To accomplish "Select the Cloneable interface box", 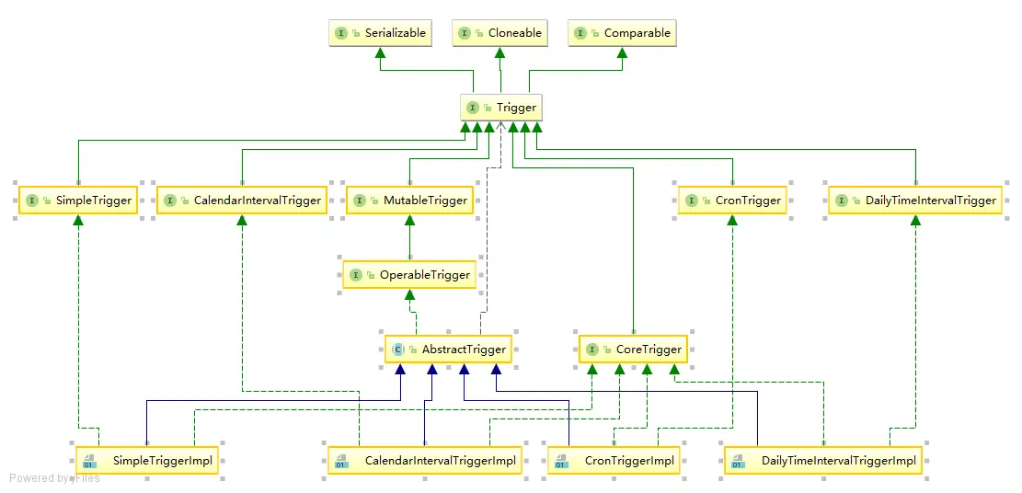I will pos(500,33).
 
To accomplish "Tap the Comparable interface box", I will pos(623,33).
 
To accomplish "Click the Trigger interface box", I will pos(500,108).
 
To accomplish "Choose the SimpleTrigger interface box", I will pos(78,201).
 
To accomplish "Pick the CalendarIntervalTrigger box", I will pos(242,201).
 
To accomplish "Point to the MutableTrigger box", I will pos(409,201).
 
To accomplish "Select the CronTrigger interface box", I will pos(732,201).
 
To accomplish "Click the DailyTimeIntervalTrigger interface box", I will pos(915,201).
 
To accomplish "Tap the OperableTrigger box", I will pos(409,275).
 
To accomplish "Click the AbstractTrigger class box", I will pos(448,350).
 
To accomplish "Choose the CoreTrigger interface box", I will pos(633,350).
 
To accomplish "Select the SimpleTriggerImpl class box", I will pos(147,461).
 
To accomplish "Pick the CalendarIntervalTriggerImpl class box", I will pos(424,461).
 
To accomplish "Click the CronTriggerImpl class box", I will pos(614,461).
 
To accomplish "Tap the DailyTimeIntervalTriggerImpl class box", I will pos(824,461).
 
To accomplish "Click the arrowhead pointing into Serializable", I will pos(378,53).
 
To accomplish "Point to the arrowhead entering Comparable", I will pos(622,53).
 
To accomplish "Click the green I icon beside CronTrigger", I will pos(692,201).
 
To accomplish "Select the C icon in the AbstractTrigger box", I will pos(398,350).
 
